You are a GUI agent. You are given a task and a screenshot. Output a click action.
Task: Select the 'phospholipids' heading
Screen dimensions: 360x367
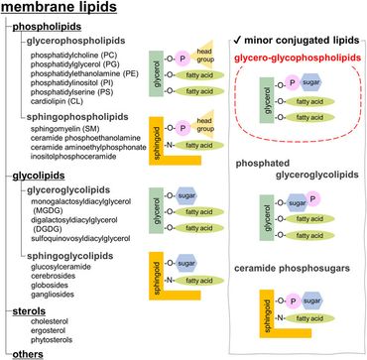click(x=56, y=28)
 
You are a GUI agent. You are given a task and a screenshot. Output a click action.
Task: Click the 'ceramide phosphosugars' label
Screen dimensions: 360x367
click(x=295, y=268)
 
